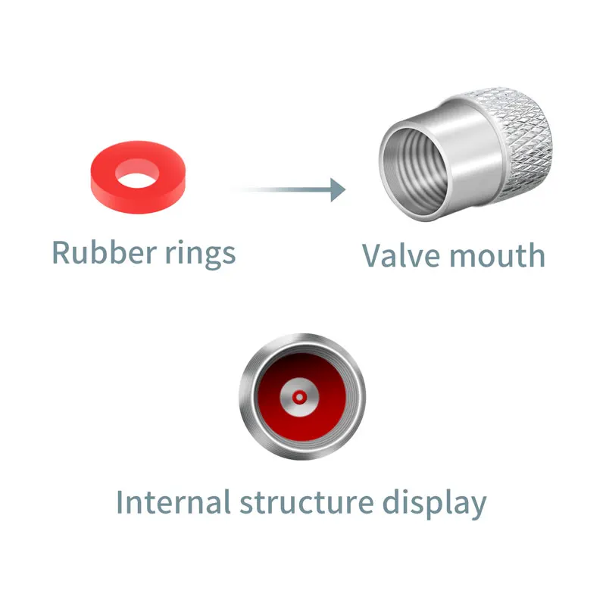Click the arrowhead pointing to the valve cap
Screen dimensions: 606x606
338,189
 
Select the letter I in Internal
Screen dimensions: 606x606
120,502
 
